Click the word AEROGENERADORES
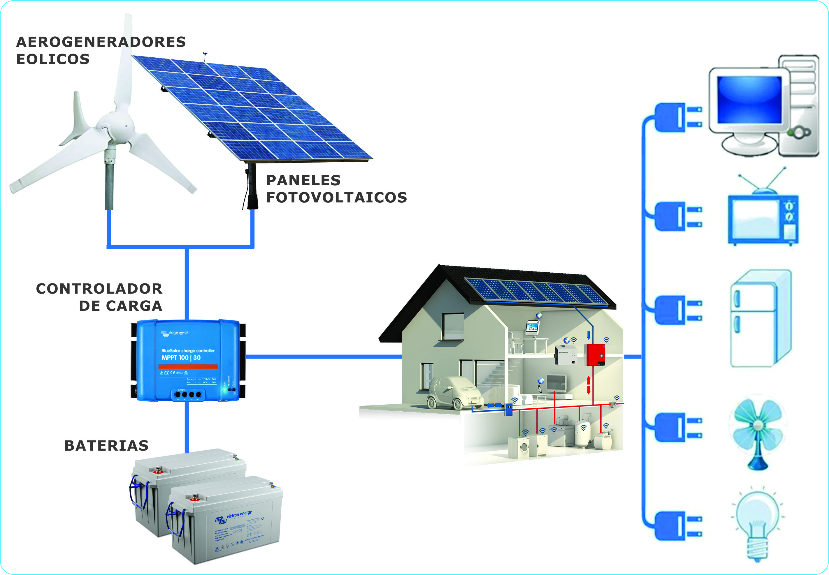[101, 42]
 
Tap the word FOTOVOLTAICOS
[336, 198]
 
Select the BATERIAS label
[106, 446]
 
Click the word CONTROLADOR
[99, 289]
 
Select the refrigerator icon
[760, 319]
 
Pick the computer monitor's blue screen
[749, 100]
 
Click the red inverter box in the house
[595, 355]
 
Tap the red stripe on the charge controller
[188, 366]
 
